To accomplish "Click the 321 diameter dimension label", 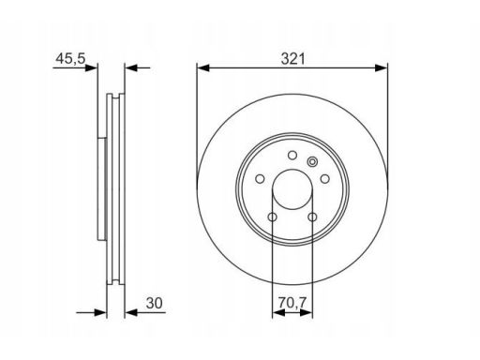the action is [x=292, y=59].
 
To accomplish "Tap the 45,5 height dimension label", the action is [x=70, y=58].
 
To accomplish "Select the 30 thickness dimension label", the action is [x=155, y=303].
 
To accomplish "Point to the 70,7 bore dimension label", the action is [x=292, y=302].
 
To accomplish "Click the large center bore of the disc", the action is [x=292, y=189].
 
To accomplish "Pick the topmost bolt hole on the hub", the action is [x=292, y=155].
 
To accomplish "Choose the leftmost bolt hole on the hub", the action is [x=260, y=179].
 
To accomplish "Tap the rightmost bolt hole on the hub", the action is [x=325, y=179].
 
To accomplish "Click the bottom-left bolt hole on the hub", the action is [x=273, y=217].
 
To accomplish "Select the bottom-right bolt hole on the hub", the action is [x=312, y=217].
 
